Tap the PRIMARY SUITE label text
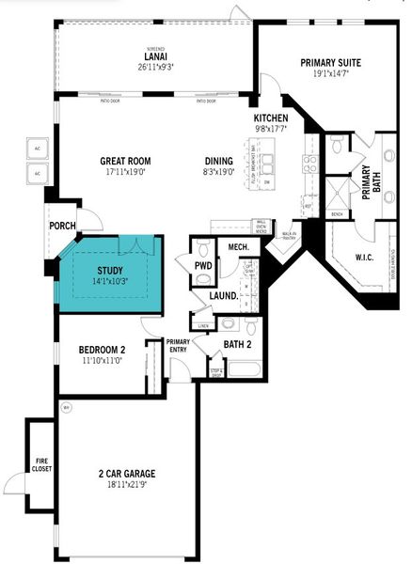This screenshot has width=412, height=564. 325,62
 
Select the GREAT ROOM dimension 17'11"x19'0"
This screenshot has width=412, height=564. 126,172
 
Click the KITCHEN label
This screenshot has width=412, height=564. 270,117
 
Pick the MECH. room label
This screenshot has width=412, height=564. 238,247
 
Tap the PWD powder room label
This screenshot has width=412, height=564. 203,265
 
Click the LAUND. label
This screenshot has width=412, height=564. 223,295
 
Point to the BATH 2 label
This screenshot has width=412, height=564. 236,345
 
